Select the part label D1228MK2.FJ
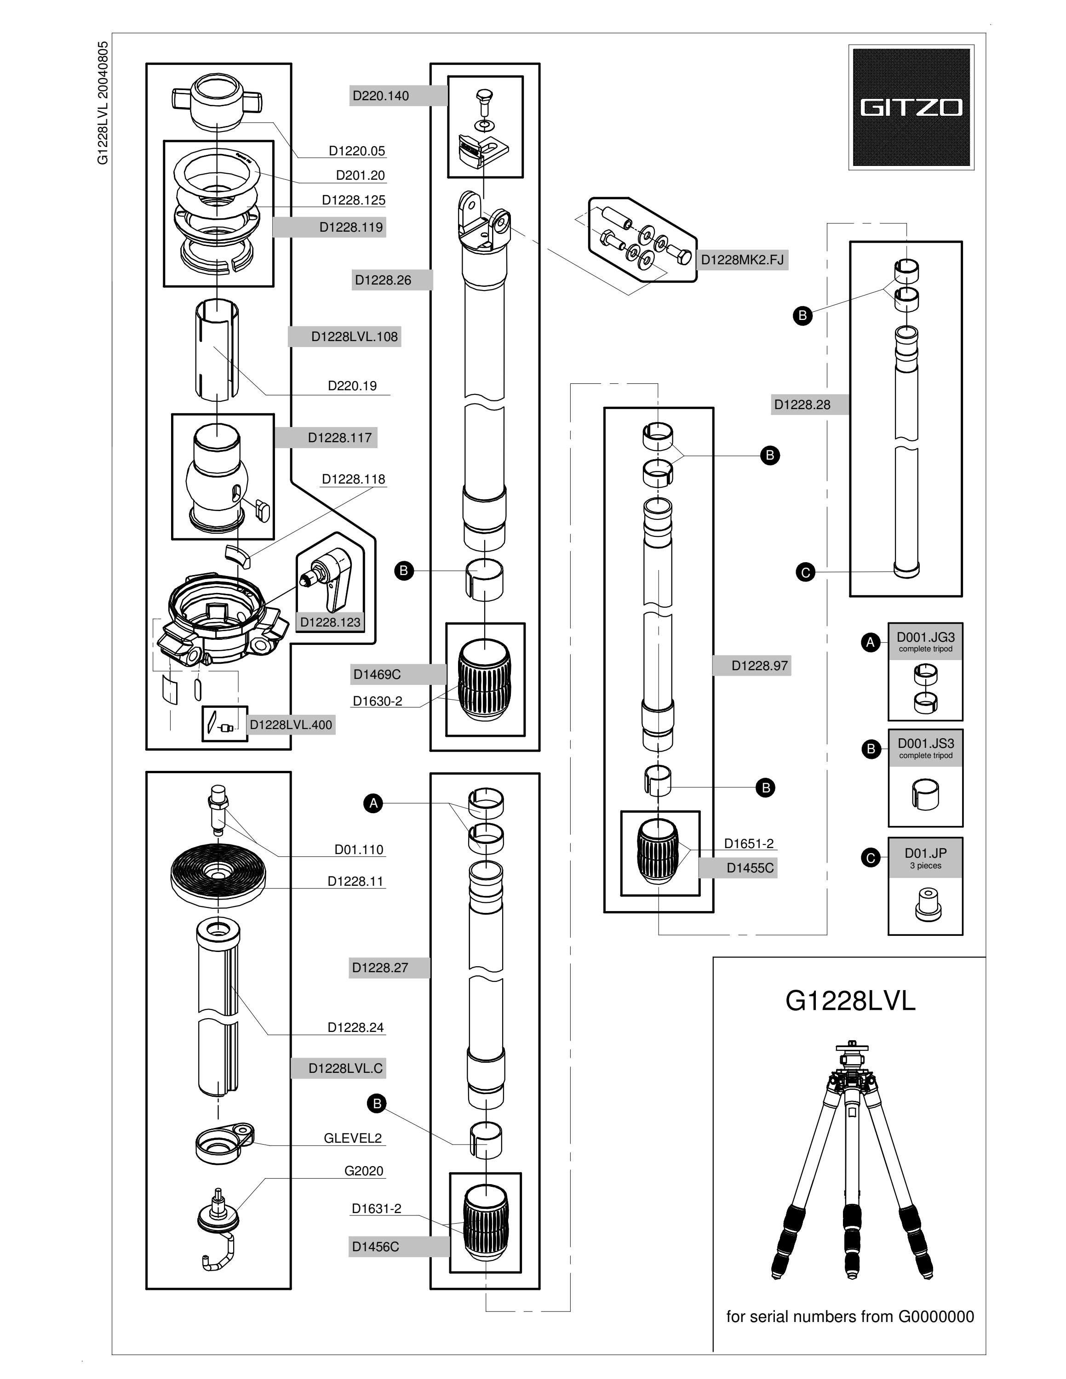742,260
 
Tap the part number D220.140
381,96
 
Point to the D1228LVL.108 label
354,336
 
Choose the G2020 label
364,1171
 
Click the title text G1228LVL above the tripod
850,1001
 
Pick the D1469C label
377,674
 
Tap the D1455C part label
750,867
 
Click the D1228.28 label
802,405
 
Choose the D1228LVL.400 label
291,725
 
